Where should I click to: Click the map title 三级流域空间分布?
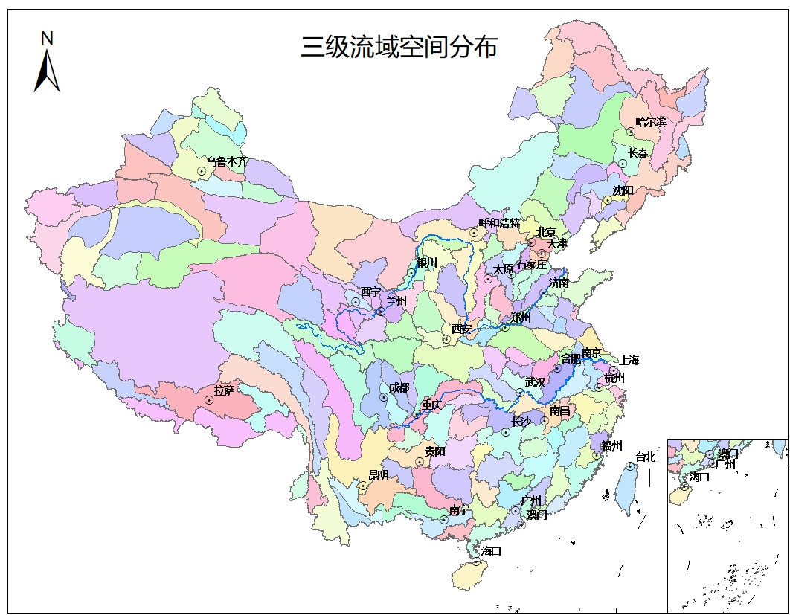[399, 47]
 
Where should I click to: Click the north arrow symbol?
[47, 71]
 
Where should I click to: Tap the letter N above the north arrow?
[47, 38]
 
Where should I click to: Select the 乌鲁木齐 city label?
[227, 161]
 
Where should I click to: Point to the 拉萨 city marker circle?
[209, 400]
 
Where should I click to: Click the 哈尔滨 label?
[651, 121]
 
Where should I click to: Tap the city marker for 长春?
[623, 164]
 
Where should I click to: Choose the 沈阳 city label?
[623, 190]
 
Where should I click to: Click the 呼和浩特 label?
[499, 222]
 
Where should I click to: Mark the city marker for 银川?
[411, 273]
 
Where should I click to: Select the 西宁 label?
[370, 292]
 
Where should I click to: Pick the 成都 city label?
[399, 387]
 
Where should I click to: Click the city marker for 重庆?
[417, 413]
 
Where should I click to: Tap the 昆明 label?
[379, 475]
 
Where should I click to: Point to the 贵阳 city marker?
[420, 462]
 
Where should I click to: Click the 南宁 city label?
[460, 510]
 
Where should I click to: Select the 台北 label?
[645, 457]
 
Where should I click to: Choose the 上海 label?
[629, 360]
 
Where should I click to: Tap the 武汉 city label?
[535, 381]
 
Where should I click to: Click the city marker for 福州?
[597, 456]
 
